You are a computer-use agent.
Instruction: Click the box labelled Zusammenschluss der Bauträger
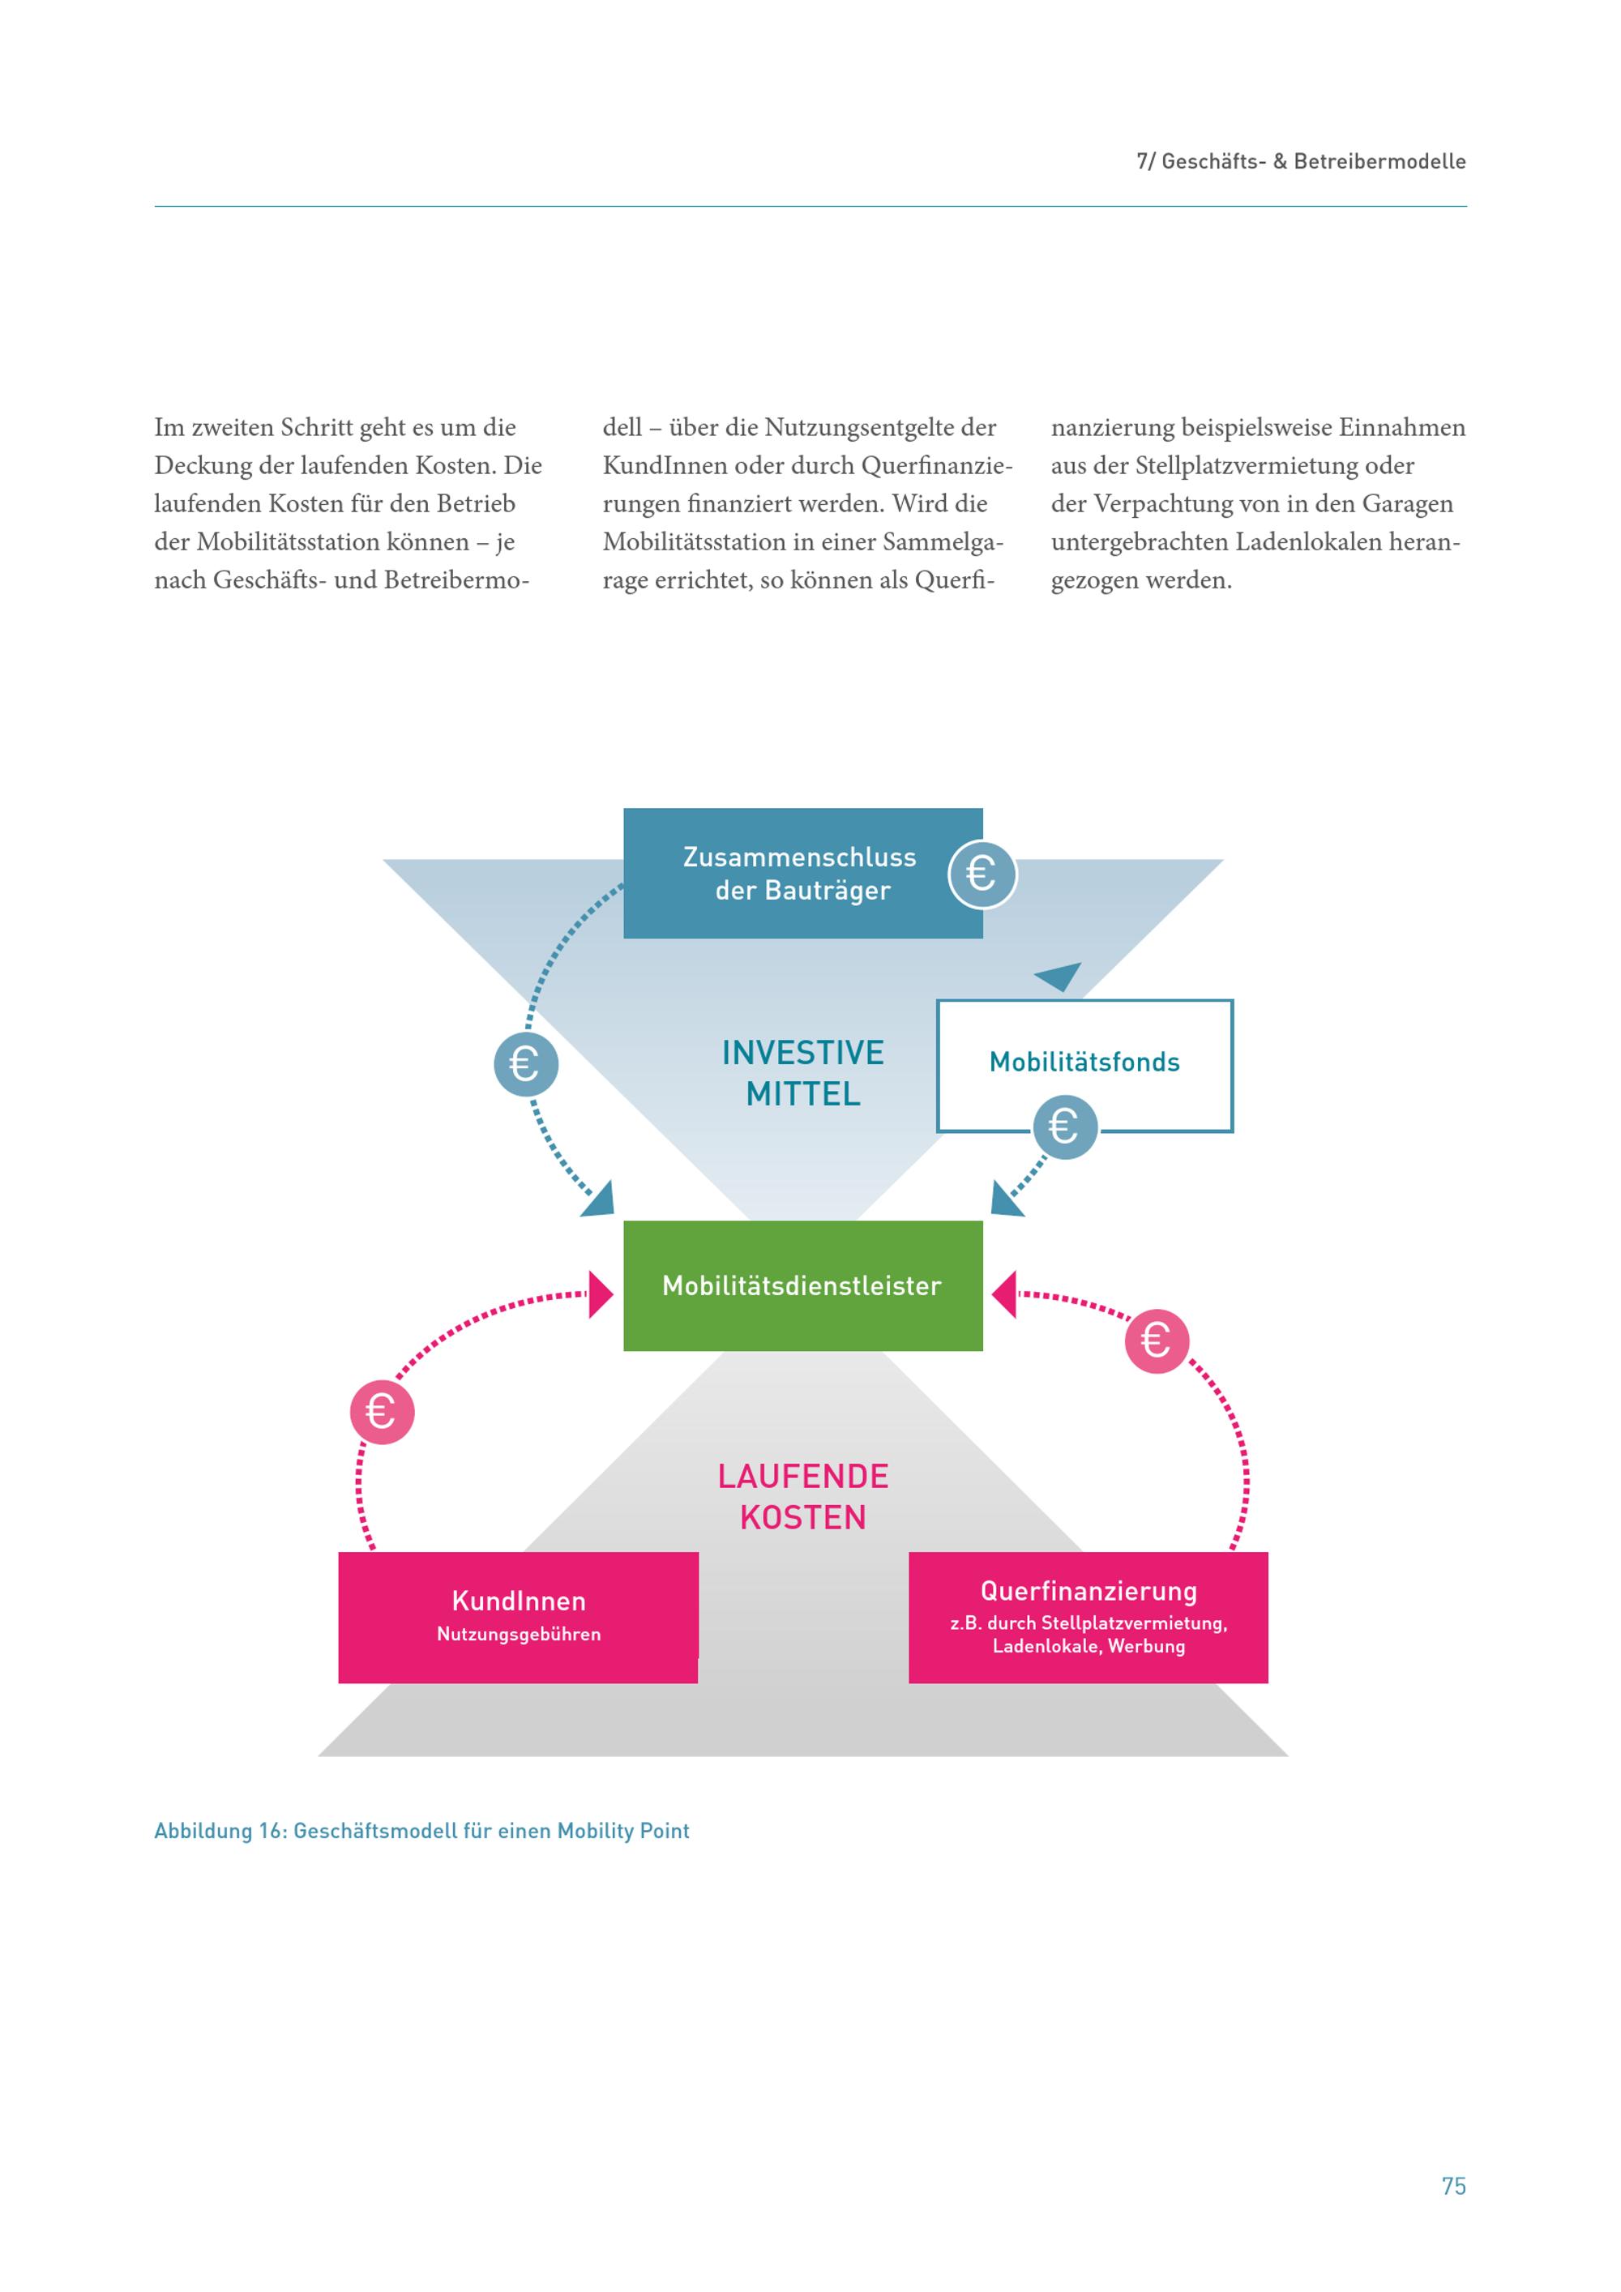[802, 874]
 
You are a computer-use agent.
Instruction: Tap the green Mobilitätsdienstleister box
[802, 1285]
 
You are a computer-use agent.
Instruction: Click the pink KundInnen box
[518, 1617]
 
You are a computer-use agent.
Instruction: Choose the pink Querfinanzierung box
[1088, 1617]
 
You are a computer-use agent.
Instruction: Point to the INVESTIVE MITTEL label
[803, 1073]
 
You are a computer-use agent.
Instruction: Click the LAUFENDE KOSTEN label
[803, 1496]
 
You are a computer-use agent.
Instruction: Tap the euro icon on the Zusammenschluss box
[982, 874]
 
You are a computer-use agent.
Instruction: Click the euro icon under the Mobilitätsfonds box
[1065, 1127]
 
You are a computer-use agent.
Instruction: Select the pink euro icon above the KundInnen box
[381, 1412]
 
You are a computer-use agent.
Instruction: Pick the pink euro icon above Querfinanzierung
[1157, 1341]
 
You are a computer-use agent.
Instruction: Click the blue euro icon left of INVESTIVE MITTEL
[526, 1064]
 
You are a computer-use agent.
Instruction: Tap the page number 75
[1453, 2186]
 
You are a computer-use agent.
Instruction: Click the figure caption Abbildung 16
[421, 1831]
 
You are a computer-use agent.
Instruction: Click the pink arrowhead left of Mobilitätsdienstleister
[601, 1295]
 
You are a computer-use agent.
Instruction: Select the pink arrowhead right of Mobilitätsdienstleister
[1004, 1295]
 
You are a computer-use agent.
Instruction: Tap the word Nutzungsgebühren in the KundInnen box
[519, 1634]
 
